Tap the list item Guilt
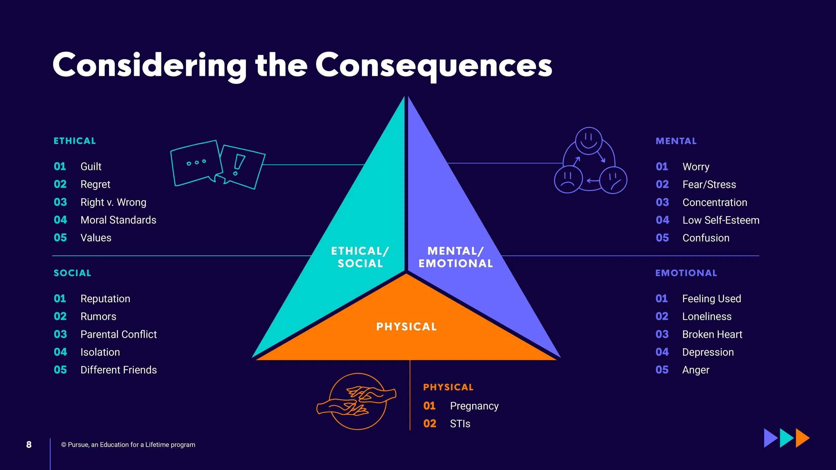point(91,166)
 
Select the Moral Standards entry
point(118,220)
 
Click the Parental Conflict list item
point(118,334)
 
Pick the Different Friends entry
point(118,370)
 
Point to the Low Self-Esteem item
point(721,220)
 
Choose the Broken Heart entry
point(712,334)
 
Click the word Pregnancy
point(474,406)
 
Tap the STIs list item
point(460,424)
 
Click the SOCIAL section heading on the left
point(72,273)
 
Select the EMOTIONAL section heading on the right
point(686,273)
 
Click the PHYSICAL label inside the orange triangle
point(406,327)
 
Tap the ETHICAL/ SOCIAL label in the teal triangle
point(360,257)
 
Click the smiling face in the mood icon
point(589,140)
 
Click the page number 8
point(29,445)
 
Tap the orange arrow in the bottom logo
point(802,438)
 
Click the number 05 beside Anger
point(662,370)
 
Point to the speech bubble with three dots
point(196,163)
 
